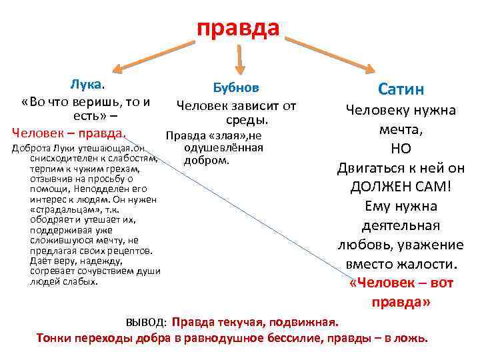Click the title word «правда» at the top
click(238, 27)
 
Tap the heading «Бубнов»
click(236, 88)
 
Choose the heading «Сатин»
click(401, 89)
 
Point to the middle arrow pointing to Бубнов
click(240, 57)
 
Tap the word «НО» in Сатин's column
click(400, 149)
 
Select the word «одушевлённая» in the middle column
click(223, 148)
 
